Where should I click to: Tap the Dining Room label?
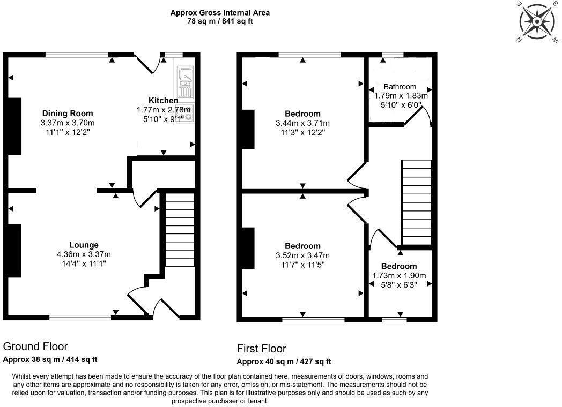pyautogui.click(x=67, y=114)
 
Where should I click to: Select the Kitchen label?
pyautogui.click(x=163, y=100)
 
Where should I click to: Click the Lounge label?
pyautogui.click(x=84, y=245)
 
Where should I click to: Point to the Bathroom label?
pyautogui.click(x=400, y=87)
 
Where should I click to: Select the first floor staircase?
pyautogui.click(x=416, y=201)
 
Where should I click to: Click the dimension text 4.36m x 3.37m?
pyautogui.click(x=84, y=254)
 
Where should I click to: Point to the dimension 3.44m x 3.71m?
pyautogui.click(x=302, y=123)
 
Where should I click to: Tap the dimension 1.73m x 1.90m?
pyautogui.click(x=399, y=276)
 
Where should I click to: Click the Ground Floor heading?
pyautogui.click(x=35, y=346)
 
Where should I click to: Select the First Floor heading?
pyautogui.click(x=262, y=349)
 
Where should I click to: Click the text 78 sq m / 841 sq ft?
pyautogui.click(x=220, y=21)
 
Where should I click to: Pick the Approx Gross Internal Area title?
pyautogui.click(x=220, y=12)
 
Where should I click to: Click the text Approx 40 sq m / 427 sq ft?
pyautogui.click(x=284, y=361)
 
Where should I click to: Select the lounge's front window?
pyautogui.click(x=80, y=318)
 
